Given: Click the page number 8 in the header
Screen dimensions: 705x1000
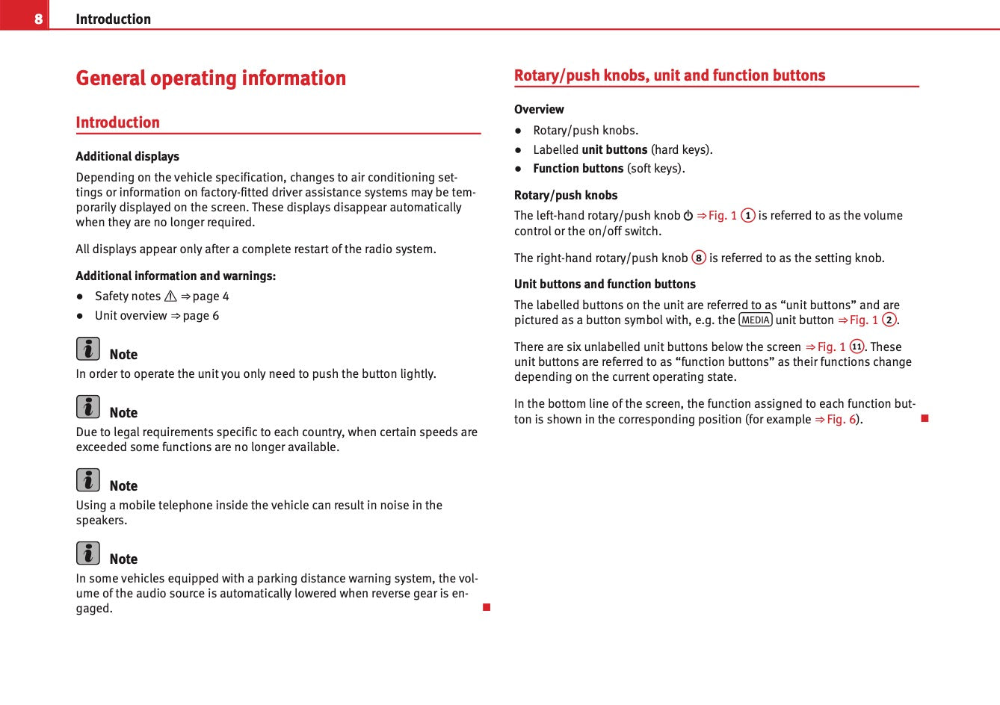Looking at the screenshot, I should pos(39,19).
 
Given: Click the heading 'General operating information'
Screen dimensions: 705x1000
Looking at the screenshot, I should pos(211,78).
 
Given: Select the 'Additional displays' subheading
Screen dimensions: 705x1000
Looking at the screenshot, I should pos(127,156).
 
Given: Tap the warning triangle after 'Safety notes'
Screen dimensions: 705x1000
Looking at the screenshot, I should pos(170,296).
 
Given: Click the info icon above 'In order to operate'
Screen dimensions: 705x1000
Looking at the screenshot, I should pos(87,349).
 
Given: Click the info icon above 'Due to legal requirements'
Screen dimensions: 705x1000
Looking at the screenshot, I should pos(87,407).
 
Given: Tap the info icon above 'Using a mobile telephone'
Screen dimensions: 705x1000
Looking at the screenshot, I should pos(87,480).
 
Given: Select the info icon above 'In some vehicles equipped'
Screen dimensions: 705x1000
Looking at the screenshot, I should pos(87,553).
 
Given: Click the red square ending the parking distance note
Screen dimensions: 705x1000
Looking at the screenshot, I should pos(487,607).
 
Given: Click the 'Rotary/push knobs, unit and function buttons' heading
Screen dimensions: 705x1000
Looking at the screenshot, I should pos(670,75).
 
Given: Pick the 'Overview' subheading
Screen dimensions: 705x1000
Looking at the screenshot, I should pos(539,109).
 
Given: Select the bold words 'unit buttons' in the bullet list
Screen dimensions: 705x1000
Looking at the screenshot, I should pos(614,149).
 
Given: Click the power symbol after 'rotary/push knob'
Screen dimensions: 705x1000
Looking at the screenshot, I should pos(688,216).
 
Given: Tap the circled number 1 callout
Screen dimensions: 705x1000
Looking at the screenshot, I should pos(747,216).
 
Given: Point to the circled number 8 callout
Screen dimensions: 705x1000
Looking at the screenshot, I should pos(699,258).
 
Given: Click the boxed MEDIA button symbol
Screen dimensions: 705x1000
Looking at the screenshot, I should pos(755,320).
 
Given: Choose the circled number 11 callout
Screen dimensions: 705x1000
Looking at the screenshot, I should pos(857,347).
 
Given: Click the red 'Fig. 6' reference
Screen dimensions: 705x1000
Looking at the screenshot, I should pos(841,419).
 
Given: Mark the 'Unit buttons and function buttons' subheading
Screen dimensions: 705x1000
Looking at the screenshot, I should pos(605,284).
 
